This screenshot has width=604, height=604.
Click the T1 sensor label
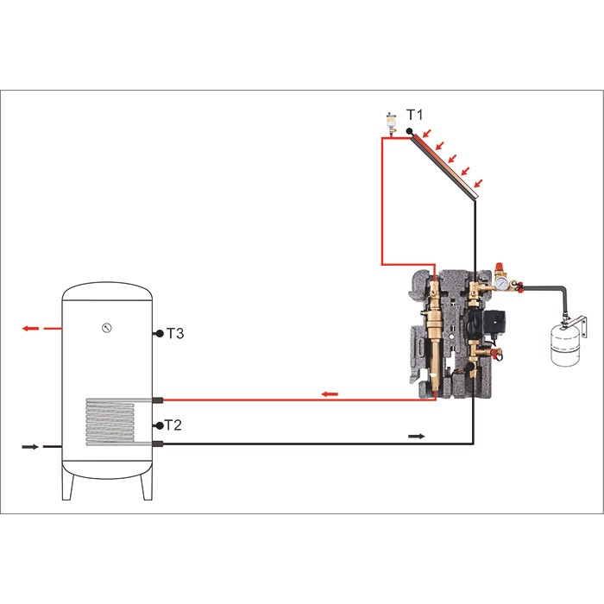(414, 115)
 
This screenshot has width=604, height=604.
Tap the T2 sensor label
(173, 425)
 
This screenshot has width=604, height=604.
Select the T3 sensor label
(175, 333)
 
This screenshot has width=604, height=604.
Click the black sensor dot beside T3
(160, 334)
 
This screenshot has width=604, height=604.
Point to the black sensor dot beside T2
(160, 425)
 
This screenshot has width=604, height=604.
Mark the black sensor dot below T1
(410, 131)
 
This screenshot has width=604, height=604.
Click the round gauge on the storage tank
(107, 328)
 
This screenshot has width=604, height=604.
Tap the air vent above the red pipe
(392, 123)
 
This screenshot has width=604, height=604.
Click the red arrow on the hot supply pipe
(330, 393)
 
